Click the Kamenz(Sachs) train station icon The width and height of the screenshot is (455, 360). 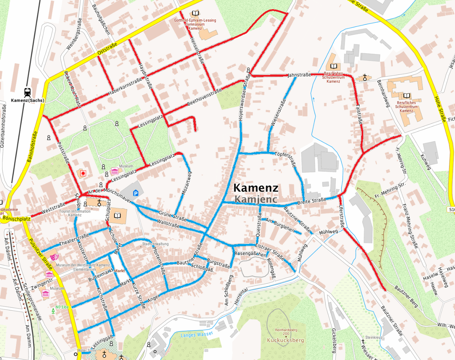point(28,92)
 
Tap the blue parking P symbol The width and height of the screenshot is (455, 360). point(136,193)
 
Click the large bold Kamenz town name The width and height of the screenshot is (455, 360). point(256,188)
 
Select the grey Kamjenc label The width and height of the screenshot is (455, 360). point(256,199)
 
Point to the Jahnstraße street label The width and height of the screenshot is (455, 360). point(299,75)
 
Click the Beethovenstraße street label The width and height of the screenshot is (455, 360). point(204,97)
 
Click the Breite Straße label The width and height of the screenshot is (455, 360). point(312,201)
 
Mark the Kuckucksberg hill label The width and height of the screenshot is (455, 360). point(285,340)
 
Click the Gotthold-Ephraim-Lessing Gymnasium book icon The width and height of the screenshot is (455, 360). point(196,13)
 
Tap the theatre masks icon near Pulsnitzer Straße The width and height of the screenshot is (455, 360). point(54,257)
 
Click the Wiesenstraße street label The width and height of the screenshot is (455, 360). point(278,112)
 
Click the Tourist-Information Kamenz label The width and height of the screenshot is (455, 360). point(75,213)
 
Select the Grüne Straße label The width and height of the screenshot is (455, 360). point(173,216)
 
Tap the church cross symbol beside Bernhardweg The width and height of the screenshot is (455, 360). point(365,78)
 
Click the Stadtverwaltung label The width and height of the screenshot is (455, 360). point(155,244)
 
